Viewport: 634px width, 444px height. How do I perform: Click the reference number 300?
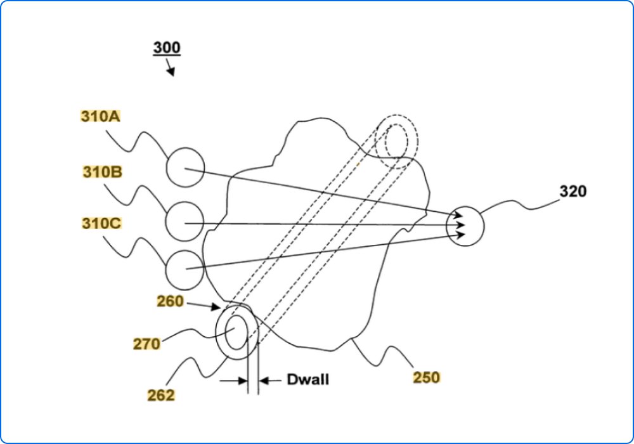(x=166, y=48)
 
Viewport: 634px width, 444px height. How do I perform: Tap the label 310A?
(x=101, y=117)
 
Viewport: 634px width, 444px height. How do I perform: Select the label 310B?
(x=102, y=172)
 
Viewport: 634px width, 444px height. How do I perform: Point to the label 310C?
(x=101, y=223)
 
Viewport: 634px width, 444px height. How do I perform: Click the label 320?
(x=573, y=191)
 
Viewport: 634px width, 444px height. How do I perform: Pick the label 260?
(x=171, y=302)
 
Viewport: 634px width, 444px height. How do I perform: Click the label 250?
(x=426, y=377)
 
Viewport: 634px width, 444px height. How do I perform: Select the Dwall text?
(x=307, y=381)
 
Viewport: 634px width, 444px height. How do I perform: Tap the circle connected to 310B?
(x=184, y=221)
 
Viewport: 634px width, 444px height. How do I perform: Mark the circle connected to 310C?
(x=184, y=270)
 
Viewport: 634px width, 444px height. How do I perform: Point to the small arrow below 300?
(x=170, y=68)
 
